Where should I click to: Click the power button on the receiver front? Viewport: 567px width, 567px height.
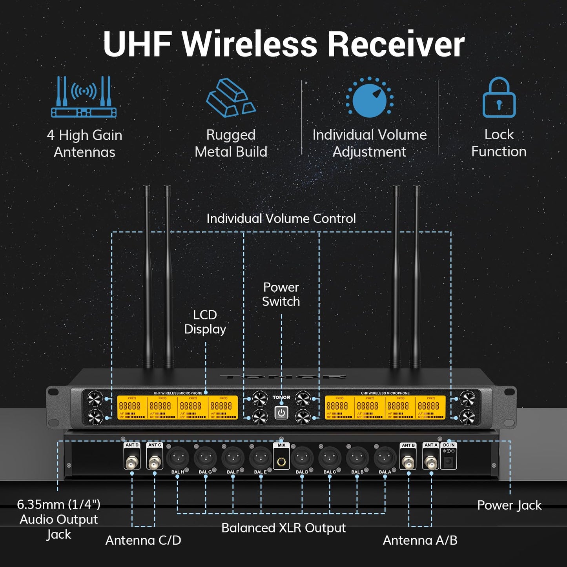pyautogui.click(x=281, y=413)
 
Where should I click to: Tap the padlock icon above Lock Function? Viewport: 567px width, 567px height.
pyautogui.click(x=499, y=98)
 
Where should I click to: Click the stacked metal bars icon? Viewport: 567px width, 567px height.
pyautogui.click(x=230, y=98)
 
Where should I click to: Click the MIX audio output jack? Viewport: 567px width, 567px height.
pyautogui.click(x=281, y=461)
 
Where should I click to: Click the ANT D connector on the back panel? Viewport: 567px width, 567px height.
pyautogui.click(x=132, y=462)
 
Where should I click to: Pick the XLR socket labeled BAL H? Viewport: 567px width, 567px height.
pyautogui.click(x=178, y=458)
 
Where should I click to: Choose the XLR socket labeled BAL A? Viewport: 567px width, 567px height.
pyautogui.click(x=385, y=458)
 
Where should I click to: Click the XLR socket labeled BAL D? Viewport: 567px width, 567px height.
pyautogui.click(x=302, y=458)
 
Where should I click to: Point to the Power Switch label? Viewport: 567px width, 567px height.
pyautogui.click(x=281, y=294)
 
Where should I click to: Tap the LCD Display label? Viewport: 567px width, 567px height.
pyautogui.click(x=205, y=322)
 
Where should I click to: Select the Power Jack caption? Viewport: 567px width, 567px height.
pyautogui.click(x=509, y=505)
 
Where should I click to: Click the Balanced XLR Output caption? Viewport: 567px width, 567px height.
pyautogui.click(x=283, y=528)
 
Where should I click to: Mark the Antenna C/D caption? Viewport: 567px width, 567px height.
pyautogui.click(x=143, y=540)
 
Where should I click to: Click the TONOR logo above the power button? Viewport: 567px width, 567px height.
pyautogui.click(x=281, y=397)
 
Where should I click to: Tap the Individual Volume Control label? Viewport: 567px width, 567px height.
pyautogui.click(x=281, y=219)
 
